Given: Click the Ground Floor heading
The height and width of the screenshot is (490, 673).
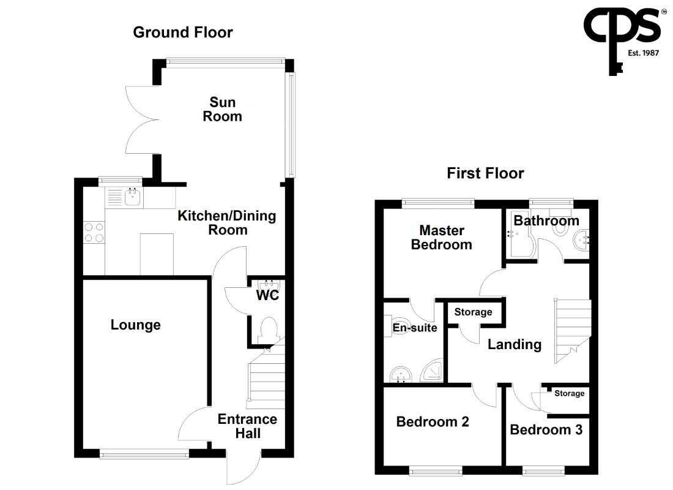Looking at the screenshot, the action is [x=183, y=32].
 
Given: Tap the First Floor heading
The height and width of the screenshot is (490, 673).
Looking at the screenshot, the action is [x=485, y=173].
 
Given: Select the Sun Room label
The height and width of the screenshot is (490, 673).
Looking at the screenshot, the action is [x=222, y=109].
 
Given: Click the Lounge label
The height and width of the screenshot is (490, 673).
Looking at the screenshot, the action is [x=136, y=325].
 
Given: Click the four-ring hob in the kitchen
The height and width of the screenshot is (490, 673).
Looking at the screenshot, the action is [x=94, y=232].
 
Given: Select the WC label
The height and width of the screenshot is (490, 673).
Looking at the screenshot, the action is [x=267, y=295].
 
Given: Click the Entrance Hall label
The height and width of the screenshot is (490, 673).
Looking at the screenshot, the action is [x=247, y=426].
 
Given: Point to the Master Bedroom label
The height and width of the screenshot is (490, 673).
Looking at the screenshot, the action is [x=442, y=237].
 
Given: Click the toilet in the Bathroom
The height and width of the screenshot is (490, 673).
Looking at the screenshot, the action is [x=560, y=224].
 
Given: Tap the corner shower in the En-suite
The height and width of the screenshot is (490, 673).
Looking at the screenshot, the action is [x=432, y=370].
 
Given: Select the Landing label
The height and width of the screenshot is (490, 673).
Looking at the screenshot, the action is [x=515, y=344].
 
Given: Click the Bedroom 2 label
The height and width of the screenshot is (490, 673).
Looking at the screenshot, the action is [x=433, y=421].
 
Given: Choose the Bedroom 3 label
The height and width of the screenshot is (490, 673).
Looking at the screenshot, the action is [x=546, y=430].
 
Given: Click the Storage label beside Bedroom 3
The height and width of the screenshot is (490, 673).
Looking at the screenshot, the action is [x=570, y=393].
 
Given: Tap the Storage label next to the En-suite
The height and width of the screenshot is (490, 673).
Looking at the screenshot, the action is [x=473, y=312].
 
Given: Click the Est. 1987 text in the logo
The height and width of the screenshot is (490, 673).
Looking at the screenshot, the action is [x=643, y=53].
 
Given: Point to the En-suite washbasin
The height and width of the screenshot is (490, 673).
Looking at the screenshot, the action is [x=401, y=374].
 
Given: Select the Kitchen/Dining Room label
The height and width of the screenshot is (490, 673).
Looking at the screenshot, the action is [x=227, y=223].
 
